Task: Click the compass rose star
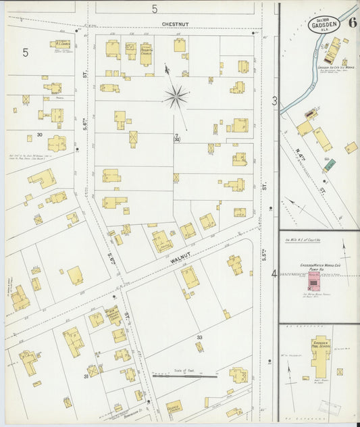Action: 176,97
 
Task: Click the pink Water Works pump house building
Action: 313,280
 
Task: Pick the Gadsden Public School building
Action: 320,355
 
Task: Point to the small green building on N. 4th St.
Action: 330,164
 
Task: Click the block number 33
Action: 199,337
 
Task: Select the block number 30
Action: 40,135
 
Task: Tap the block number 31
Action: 86,376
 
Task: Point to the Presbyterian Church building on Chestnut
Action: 146,53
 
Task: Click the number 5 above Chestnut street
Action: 154,9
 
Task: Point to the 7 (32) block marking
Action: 176,138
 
